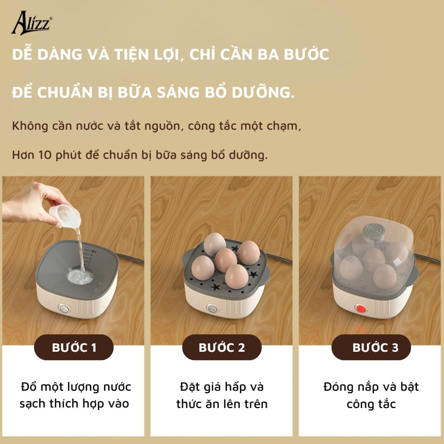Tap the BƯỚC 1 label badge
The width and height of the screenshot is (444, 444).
pos(74,347)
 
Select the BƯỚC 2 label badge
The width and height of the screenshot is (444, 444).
pos(222,347)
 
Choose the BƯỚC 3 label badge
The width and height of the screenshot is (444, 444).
pos(371,347)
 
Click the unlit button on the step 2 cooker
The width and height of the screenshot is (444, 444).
pos(212,309)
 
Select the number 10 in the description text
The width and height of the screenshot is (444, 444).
pos(42,154)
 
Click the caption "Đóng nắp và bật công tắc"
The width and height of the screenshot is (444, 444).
pos(371,395)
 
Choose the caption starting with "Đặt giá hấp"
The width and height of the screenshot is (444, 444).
pos(222,395)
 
